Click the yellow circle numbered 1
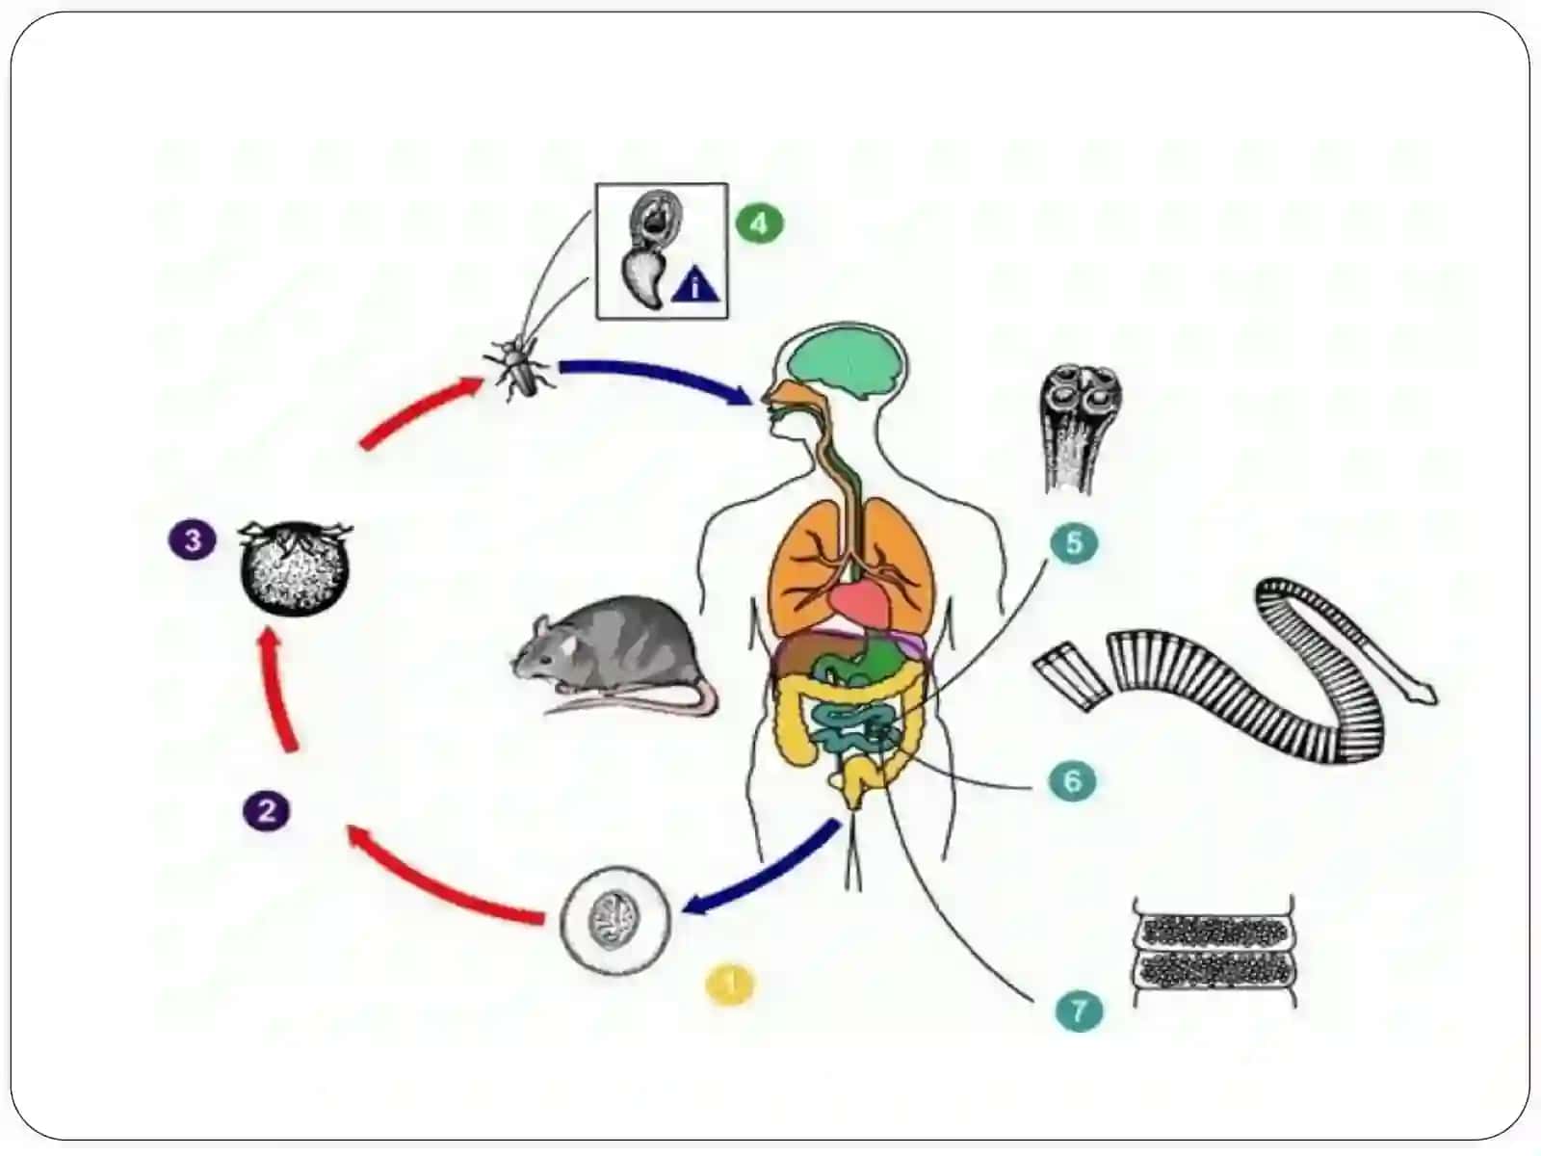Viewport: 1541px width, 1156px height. coord(729,984)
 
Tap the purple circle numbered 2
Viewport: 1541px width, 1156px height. coord(267,811)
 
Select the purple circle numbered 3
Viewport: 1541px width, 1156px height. coord(193,539)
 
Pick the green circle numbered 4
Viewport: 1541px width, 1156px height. coord(759,223)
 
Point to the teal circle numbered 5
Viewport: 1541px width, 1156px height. coord(1074,541)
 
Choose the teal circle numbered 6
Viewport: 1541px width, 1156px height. coord(1072,780)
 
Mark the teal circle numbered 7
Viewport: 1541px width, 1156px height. coord(1079,1010)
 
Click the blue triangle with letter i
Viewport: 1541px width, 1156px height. coord(695,286)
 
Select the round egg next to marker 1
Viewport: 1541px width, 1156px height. coord(615,921)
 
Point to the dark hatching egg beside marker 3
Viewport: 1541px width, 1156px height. coord(295,567)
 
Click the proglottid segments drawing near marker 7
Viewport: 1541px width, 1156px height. coord(1215,951)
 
